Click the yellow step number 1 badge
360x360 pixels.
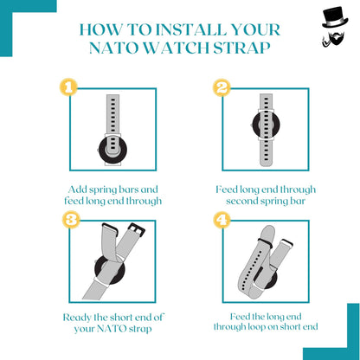tap(68, 87)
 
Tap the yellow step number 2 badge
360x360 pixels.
tap(222, 87)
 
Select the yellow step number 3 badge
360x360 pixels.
tap(71, 220)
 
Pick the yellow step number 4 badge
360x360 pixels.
tap(222, 220)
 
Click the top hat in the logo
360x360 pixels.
tap(335, 18)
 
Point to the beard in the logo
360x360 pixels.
tap(337, 39)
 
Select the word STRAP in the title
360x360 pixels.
tap(241, 48)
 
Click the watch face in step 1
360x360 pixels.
tap(112, 151)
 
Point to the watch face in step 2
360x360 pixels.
tap(266, 125)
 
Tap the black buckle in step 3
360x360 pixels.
tap(137, 228)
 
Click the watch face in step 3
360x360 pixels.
tap(110, 270)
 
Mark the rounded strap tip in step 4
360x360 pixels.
tap(268, 233)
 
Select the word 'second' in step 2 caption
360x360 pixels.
tap(241, 201)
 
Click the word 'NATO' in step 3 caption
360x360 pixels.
tap(112, 329)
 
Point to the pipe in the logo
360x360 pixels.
tap(325, 42)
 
